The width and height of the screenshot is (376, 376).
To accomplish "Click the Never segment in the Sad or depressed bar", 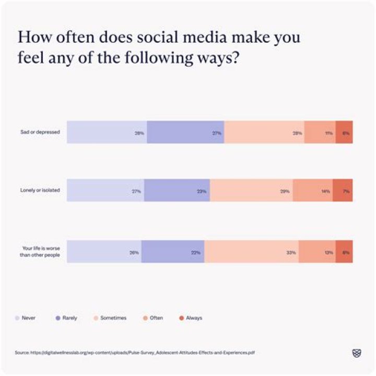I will tap(107, 132).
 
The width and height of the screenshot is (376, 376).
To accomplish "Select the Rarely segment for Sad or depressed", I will tap(185, 132).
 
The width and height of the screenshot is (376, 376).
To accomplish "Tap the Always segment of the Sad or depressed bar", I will tap(344, 132).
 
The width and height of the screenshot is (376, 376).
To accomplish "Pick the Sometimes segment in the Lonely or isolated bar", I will tap(251, 191).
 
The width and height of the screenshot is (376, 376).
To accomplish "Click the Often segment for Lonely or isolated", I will tap(313, 191).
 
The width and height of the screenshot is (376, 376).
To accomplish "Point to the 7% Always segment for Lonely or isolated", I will tap(343, 191).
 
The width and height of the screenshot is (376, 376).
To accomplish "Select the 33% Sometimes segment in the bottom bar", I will tap(251, 251).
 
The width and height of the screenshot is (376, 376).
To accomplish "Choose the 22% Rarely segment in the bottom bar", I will tap(173, 251).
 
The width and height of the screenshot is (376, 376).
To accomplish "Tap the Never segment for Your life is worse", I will tap(104, 251).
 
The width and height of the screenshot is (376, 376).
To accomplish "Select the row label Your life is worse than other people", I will tap(41, 251).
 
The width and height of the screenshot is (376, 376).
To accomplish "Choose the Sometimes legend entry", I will tap(110, 318).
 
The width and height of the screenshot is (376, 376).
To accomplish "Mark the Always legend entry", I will tap(190, 318).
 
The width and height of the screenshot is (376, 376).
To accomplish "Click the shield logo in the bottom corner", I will tap(357, 353).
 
